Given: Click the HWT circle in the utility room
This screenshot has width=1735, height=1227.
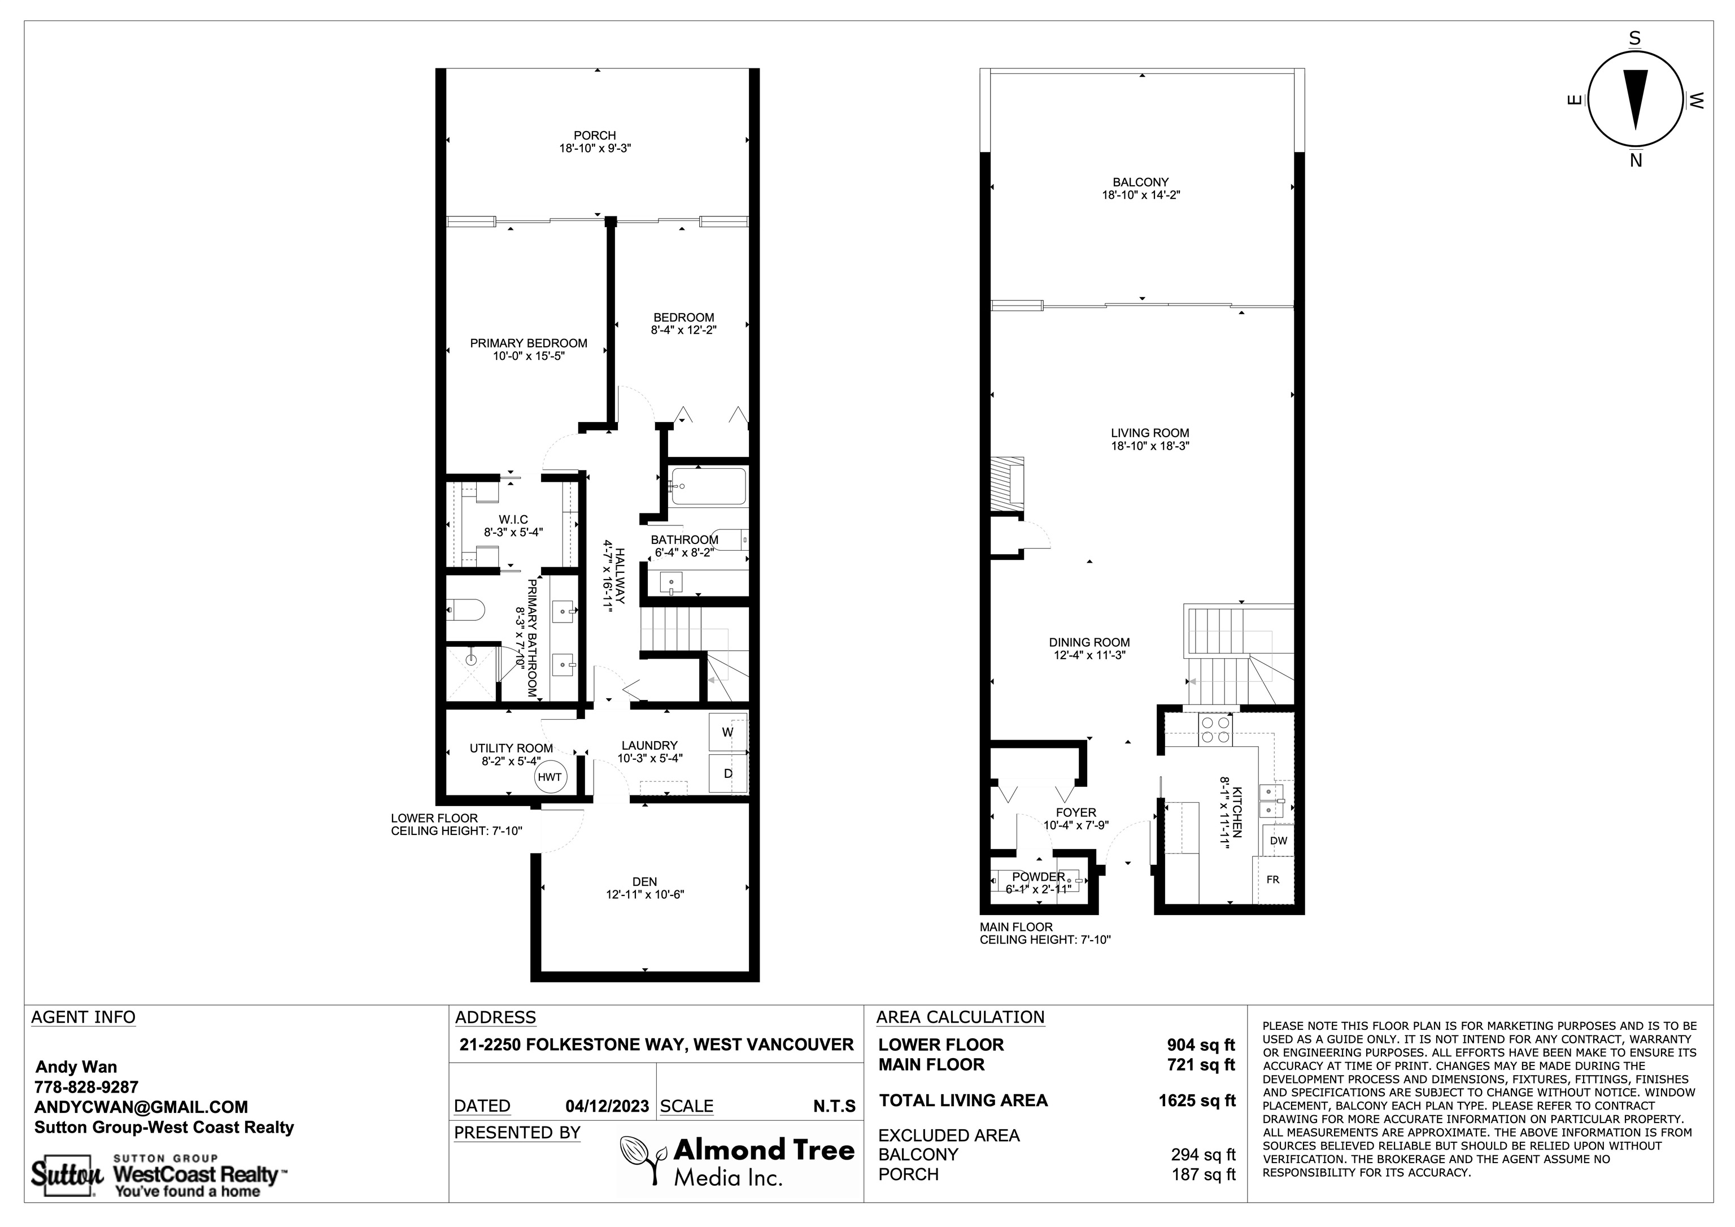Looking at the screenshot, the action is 550,777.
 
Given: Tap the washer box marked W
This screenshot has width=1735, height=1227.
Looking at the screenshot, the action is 727,732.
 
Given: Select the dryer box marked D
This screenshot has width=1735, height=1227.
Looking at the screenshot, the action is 727,773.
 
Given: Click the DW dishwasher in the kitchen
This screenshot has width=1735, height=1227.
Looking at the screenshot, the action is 1279,841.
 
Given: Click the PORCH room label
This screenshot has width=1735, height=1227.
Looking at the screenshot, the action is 595,136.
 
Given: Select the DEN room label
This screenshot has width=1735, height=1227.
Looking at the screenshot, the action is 644,881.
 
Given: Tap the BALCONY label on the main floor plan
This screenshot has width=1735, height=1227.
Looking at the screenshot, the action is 1140,182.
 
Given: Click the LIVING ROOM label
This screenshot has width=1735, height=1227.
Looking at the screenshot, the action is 1149,433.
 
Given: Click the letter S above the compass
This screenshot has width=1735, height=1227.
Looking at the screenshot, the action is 1634,40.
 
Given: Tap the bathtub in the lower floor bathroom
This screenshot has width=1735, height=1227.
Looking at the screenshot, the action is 708,486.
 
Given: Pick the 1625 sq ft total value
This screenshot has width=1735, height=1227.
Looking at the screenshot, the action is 1197,1101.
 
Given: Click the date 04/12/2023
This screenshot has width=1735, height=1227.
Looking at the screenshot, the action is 607,1106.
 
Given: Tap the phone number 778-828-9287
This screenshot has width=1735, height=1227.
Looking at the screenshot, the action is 87,1087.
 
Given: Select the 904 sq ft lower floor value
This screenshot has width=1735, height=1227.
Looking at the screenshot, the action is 1201,1045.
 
